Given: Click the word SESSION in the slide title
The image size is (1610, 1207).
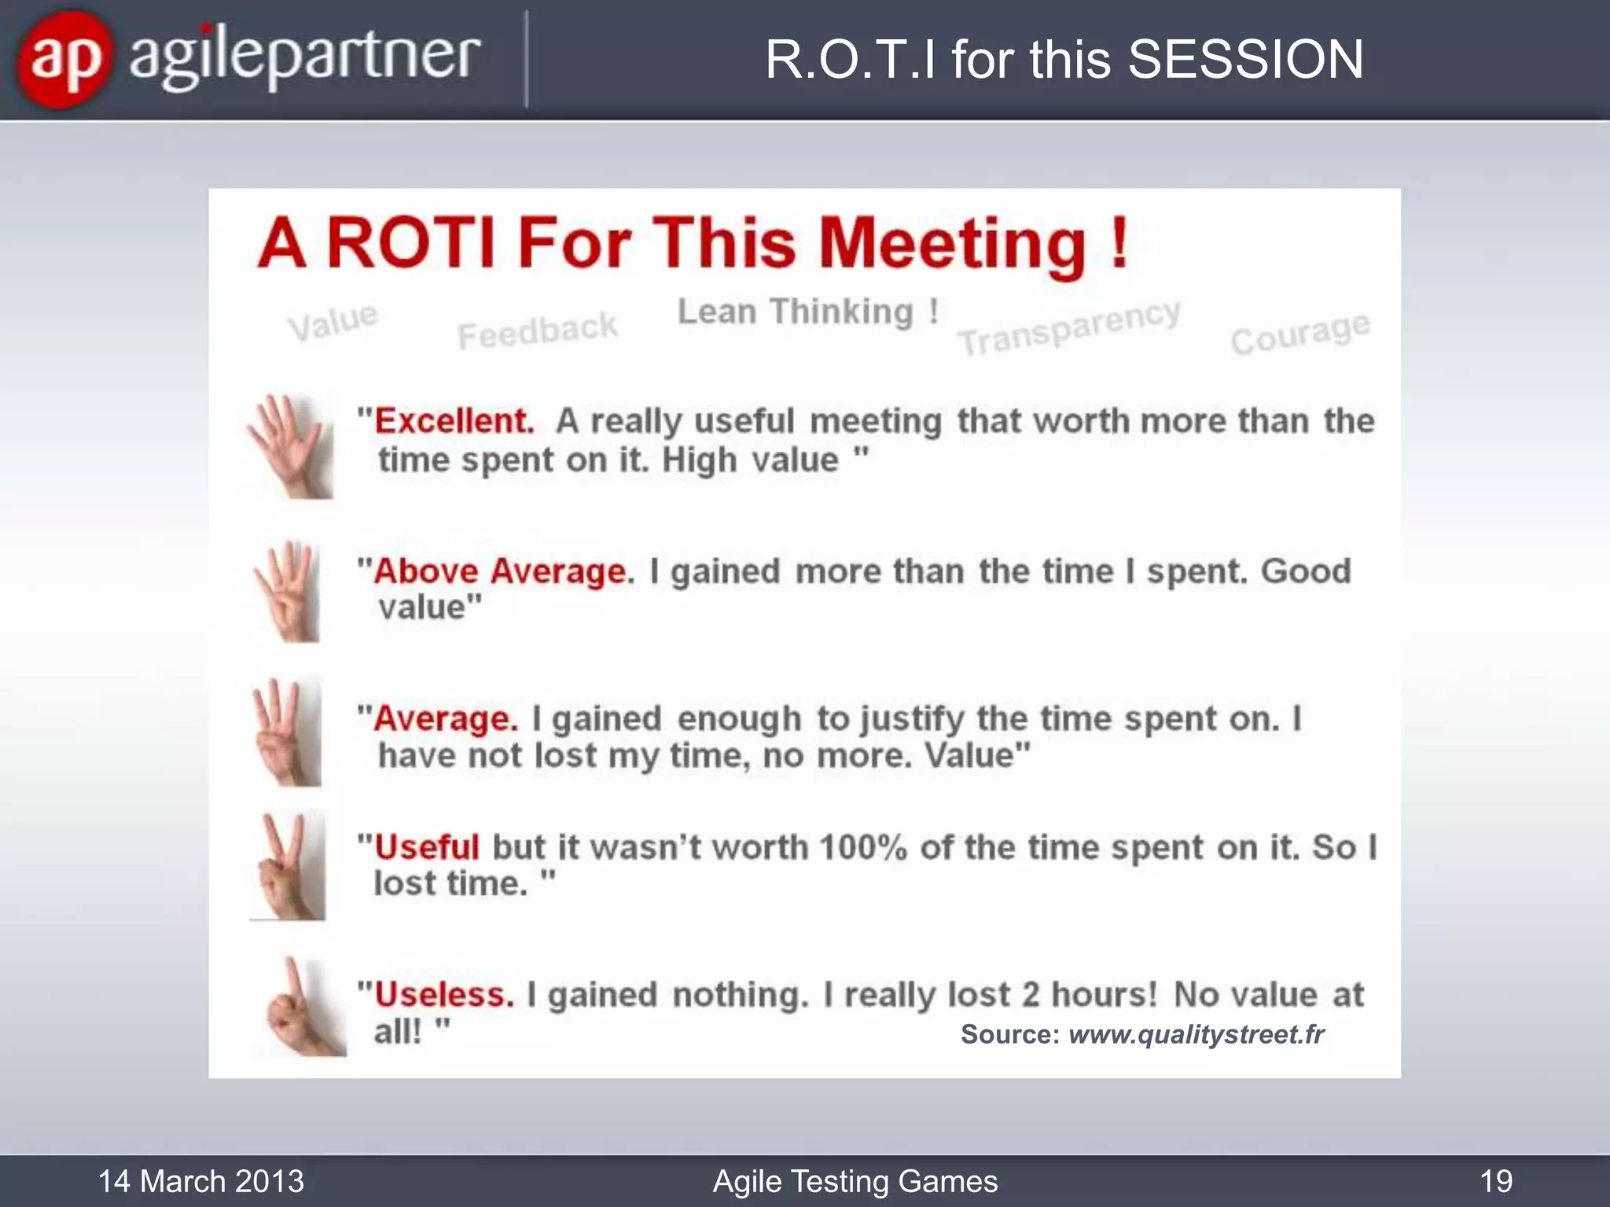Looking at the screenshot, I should [1246, 60].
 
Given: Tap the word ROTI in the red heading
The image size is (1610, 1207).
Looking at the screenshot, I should [410, 243].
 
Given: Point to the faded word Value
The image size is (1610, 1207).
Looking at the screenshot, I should [333, 321].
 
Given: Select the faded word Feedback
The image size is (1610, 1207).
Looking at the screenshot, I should [538, 331].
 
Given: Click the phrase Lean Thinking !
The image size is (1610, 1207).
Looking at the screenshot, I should [808, 312].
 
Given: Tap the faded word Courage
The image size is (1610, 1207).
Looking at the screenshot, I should [1300, 333].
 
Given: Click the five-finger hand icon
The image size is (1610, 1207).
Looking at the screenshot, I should [289, 446].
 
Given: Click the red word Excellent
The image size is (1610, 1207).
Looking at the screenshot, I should [454, 421].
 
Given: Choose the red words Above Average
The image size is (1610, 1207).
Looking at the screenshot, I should [503, 571].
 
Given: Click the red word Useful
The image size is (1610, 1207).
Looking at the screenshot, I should [427, 847].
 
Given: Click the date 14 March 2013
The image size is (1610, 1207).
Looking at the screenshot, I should [201, 1181].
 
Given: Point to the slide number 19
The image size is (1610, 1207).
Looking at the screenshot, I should [1496, 1181].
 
